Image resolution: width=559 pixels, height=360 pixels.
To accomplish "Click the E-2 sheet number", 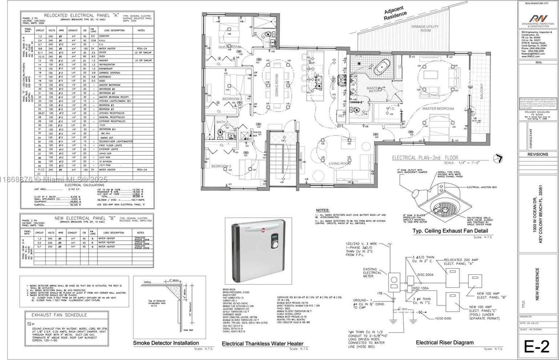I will click(536, 346).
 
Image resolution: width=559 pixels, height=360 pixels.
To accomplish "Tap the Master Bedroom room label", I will click(438, 109).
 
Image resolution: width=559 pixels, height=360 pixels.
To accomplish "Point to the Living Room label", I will click(339, 164).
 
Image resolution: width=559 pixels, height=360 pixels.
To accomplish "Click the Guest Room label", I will click(229, 47).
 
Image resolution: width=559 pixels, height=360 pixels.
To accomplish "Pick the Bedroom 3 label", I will click(221, 166).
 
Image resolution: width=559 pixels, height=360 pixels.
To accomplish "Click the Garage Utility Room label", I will click(425, 28).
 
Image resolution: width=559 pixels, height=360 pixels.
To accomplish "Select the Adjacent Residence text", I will click(395, 13).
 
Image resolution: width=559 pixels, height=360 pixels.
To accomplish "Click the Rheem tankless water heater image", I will click(258, 251).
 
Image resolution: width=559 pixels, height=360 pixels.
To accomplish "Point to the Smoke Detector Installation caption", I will click(166, 343).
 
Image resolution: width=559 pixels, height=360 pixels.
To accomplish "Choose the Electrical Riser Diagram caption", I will click(445, 343).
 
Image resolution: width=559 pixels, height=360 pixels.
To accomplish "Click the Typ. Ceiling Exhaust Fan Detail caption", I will click(450, 231).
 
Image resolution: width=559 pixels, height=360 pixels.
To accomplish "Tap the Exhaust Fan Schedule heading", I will click(59, 315).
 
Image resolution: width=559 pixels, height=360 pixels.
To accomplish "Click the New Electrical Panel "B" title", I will click(85, 218).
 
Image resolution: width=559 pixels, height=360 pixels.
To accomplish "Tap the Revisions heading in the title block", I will click(538, 155).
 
